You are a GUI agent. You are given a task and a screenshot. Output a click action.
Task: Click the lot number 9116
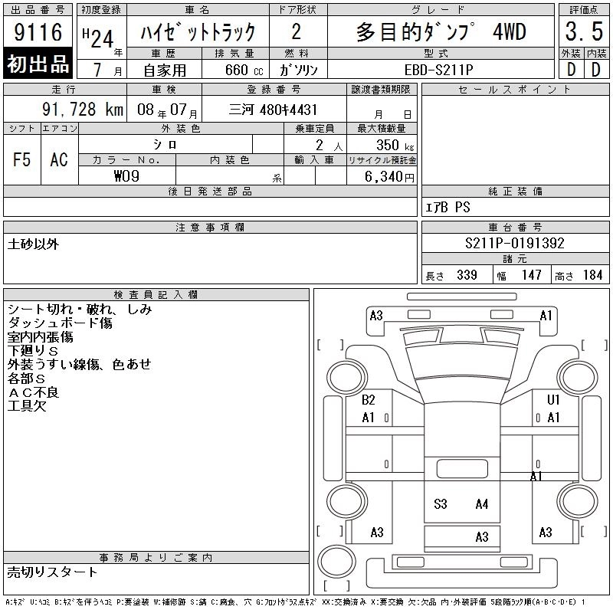(38, 31)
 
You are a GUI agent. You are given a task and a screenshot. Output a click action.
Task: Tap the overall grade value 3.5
(584, 31)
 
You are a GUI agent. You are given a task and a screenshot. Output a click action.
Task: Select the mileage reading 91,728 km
(83, 110)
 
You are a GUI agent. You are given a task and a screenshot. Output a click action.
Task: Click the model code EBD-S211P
(438, 70)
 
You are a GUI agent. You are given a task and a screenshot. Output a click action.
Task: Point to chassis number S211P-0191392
(514, 243)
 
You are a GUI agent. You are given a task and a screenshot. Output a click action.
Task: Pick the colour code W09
(126, 176)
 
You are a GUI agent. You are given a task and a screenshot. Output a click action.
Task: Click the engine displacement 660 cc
(244, 70)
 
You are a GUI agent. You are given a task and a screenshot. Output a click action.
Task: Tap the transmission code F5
(21, 159)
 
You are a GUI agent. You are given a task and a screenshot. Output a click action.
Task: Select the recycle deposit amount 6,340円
(389, 176)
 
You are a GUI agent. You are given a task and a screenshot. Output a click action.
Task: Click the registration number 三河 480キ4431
(273, 110)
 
